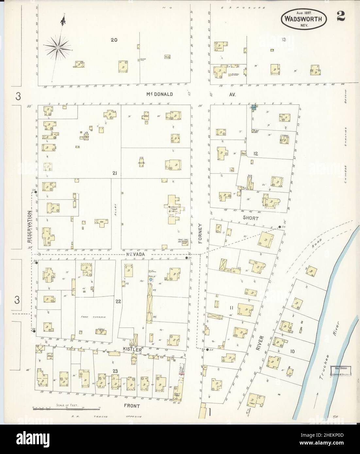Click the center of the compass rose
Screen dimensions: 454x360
58,48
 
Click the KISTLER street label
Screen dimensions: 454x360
133,350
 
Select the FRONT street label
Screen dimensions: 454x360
132,406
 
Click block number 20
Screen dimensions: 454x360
114,40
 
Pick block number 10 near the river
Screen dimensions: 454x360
292,351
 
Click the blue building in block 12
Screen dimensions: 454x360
253,107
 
